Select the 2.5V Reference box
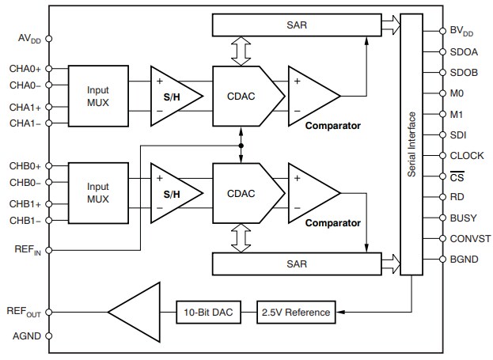point(297,312)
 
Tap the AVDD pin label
point(29,38)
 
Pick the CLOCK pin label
point(465,156)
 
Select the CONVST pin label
point(467,238)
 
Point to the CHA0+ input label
point(27,69)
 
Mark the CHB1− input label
point(27,220)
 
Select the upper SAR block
point(305,25)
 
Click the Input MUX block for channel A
point(99,95)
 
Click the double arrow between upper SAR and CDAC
point(240,51)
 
